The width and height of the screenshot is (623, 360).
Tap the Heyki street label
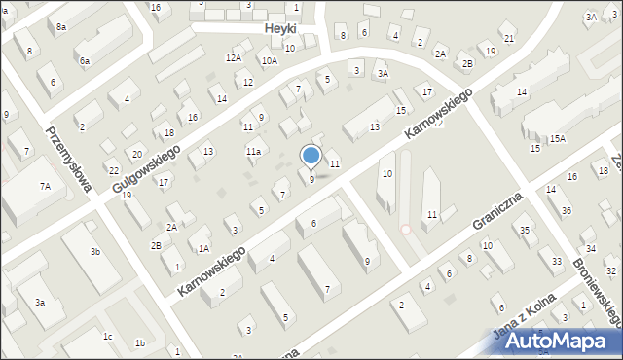click(280, 29)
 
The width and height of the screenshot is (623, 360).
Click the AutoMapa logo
click(565, 341)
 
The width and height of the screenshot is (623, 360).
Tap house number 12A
click(234, 58)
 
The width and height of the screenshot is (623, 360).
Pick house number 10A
click(269, 60)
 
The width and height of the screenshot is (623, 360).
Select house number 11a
click(253, 151)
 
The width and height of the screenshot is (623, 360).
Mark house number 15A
click(557, 139)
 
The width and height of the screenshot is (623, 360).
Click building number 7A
click(45, 186)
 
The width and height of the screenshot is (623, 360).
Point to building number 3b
click(95, 252)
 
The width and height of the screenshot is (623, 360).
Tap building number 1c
click(108, 337)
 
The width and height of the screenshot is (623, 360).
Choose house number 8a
click(60, 27)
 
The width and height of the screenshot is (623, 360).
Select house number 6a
click(85, 61)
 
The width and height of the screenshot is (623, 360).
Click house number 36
click(567, 210)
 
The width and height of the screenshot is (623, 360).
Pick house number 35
click(525, 230)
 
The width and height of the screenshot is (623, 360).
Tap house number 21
click(509, 37)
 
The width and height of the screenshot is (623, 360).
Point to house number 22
click(113, 170)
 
